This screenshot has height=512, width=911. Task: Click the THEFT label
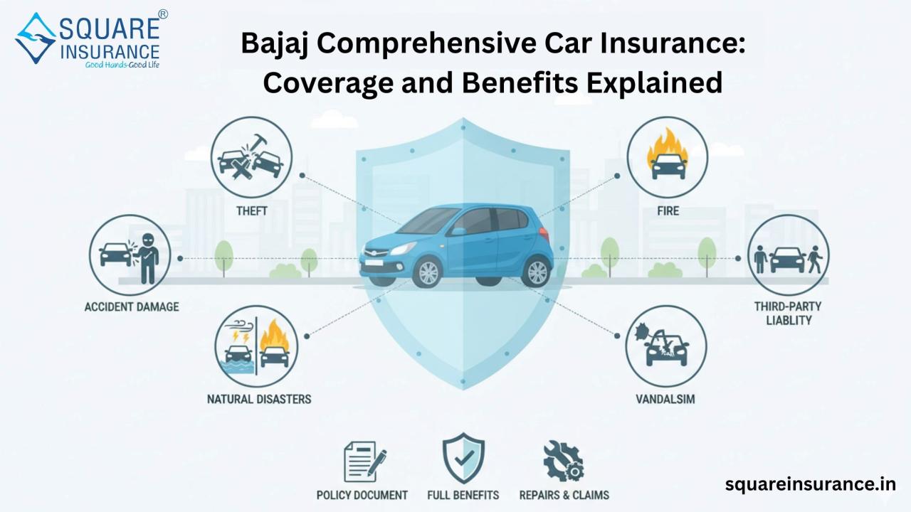coord(252,211)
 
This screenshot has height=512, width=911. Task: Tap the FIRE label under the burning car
coord(668,211)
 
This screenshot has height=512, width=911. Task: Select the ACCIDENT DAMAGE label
coord(132,306)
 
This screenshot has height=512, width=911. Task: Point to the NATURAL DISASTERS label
coord(259,399)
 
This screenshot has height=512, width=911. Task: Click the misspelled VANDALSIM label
coord(665,399)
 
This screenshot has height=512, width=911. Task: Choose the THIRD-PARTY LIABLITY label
coord(788,314)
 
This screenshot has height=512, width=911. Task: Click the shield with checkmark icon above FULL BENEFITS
coord(463,458)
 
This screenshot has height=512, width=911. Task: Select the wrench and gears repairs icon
coord(564,462)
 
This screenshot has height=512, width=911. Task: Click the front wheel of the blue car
coord(428,273)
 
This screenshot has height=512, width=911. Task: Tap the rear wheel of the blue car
coord(537,272)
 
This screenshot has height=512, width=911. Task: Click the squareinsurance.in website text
coord(811,484)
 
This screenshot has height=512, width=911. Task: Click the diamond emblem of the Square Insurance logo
coord(36,38)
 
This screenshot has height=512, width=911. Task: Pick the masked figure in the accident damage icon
coord(147,258)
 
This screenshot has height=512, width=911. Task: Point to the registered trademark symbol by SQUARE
coord(163,14)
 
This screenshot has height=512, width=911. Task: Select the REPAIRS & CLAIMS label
coord(564,495)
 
